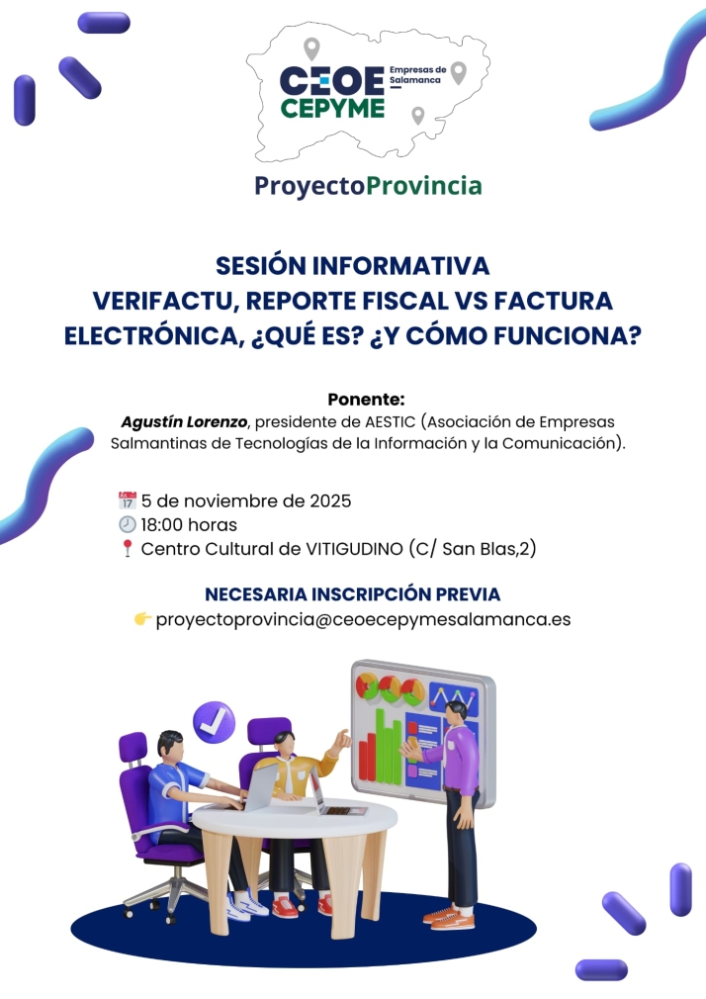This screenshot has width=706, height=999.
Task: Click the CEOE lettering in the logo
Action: (x=331, y=79)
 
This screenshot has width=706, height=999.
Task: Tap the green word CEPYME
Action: (x=332, y=108)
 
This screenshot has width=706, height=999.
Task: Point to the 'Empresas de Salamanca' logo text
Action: (x=418, y=75)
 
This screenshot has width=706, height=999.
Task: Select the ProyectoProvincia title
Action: (x=368, y=185)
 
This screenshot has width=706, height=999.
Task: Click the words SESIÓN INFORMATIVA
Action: (x=353, y=266)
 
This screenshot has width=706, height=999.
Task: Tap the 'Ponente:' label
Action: (x=366, y=400)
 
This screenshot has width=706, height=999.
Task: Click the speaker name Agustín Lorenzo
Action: (x=184, y=422)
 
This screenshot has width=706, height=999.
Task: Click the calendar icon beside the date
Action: (x=127, y=500)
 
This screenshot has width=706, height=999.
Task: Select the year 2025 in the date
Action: (x=326, y=500)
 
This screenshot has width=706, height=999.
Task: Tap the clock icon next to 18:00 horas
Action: (x=127, y=524)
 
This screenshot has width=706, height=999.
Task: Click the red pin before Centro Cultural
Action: (x=127, y=549)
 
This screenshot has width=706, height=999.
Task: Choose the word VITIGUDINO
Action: (x=354, y=549)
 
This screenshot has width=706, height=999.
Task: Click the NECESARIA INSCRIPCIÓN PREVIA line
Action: (x=353, y=594)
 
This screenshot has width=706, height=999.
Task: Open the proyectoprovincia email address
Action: (x=363, y=620)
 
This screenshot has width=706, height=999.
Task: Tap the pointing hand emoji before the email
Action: (x=143, y=620)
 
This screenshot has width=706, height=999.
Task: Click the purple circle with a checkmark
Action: (x=214, y=722)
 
